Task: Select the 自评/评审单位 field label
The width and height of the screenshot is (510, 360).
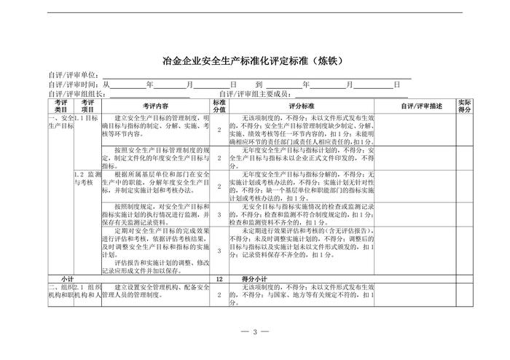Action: (74, 75)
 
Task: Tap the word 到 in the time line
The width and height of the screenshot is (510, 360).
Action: (259, 85)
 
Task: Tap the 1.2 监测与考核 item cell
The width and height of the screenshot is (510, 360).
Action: (87, 179)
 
